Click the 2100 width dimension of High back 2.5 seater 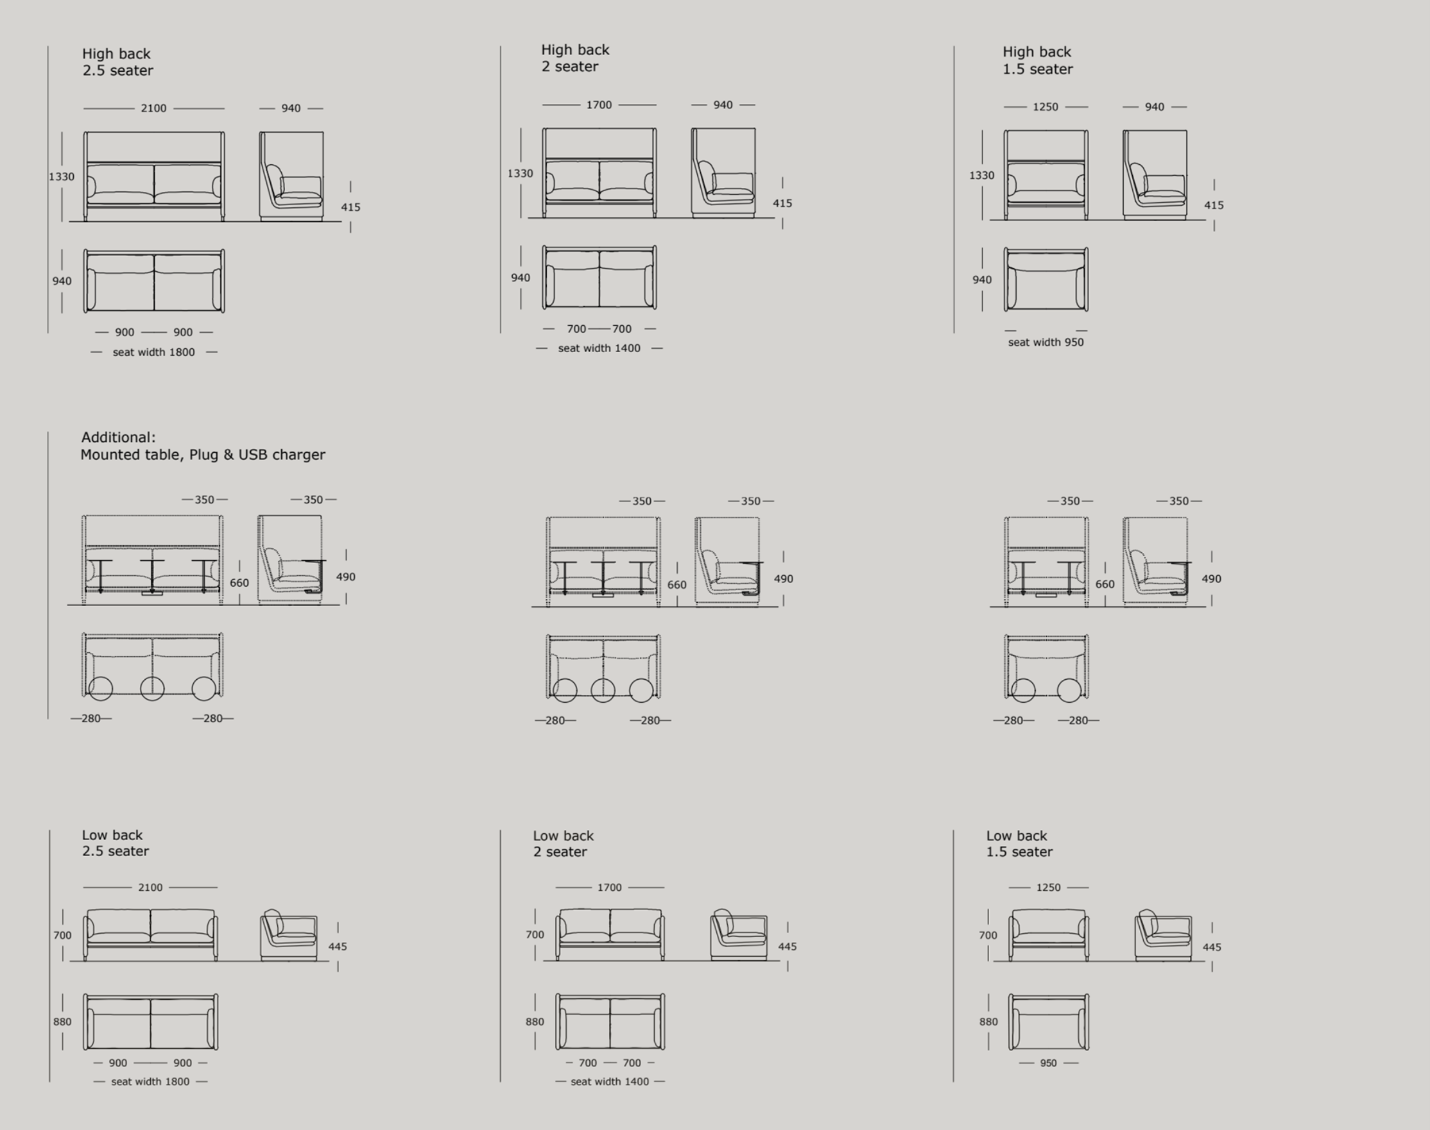(153, 108)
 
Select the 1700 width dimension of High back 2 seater (598, 105)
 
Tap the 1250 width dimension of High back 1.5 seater (1046, 106)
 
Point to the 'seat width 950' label (1046, 342)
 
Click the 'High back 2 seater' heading (574, 58)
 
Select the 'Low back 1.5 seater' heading (1019, 843)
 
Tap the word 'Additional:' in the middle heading (119, 437)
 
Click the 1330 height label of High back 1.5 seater (981, 175)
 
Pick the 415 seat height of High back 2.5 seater (350, 207)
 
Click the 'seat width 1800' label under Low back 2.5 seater (150, 1081)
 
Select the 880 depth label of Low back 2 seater (534, 1022)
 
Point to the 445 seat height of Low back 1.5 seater (1212, 947)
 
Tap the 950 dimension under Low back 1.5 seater (1048, 1063)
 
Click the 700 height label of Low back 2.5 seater (62, 935)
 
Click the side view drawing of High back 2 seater (723, 173)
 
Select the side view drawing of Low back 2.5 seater (289, 935)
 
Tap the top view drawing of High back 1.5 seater (1046, 279)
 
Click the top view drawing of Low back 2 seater (610, 1022)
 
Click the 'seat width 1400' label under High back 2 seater (598, 348)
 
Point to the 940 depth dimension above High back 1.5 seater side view (1154, 106)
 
